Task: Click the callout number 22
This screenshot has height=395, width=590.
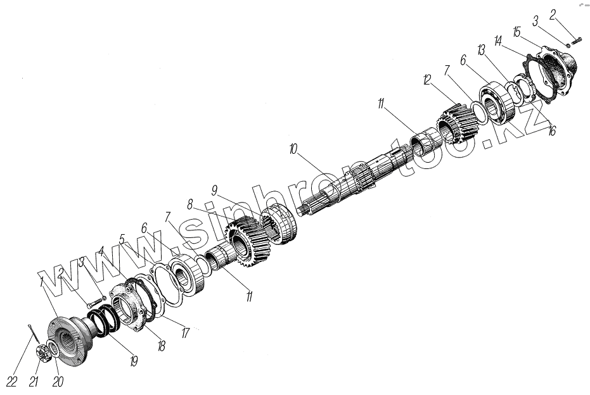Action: (x=12, y=382)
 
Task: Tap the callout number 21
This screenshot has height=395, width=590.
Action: (x=34, y=382)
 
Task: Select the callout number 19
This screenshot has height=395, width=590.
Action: (x=133, y=361)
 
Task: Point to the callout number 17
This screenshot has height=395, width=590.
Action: (x=185, y=333)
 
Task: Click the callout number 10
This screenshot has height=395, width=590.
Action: (x=293, y=149)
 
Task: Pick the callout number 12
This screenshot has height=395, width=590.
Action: (x=426, y=80)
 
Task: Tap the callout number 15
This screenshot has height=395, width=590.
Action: (x=516, y=32)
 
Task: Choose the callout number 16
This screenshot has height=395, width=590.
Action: (x=551, y=131)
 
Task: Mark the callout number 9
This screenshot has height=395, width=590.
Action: (x=214, y=191)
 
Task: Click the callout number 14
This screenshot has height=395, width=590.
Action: (x=498, y=41)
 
